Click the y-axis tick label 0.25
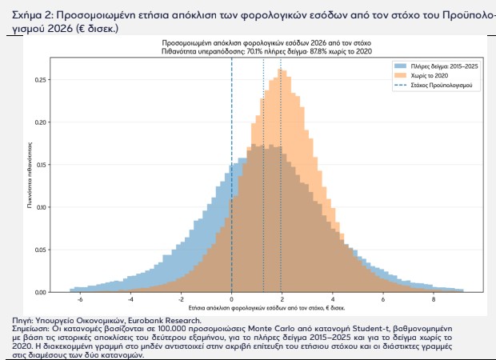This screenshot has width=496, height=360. click(41, 80)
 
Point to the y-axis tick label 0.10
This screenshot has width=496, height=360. click(41, 207)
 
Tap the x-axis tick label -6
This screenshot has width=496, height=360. click(79, 299)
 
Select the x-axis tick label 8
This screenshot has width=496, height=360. click(434, 299)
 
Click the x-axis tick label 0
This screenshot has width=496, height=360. click(231, 299)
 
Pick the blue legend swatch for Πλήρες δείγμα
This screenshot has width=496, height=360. click(400, 66)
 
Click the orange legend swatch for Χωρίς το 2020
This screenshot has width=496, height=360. click(400, 76)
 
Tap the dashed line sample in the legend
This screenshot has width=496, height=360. click(400, 85)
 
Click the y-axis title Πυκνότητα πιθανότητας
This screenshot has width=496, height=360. click(30, 175)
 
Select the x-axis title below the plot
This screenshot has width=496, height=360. click(266, 308)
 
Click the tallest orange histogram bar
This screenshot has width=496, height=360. click(280, 180)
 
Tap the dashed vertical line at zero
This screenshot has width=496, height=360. click(231, 174)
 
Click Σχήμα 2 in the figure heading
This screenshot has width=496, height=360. click(33, 15)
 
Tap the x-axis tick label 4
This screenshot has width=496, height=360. click(333, 299)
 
